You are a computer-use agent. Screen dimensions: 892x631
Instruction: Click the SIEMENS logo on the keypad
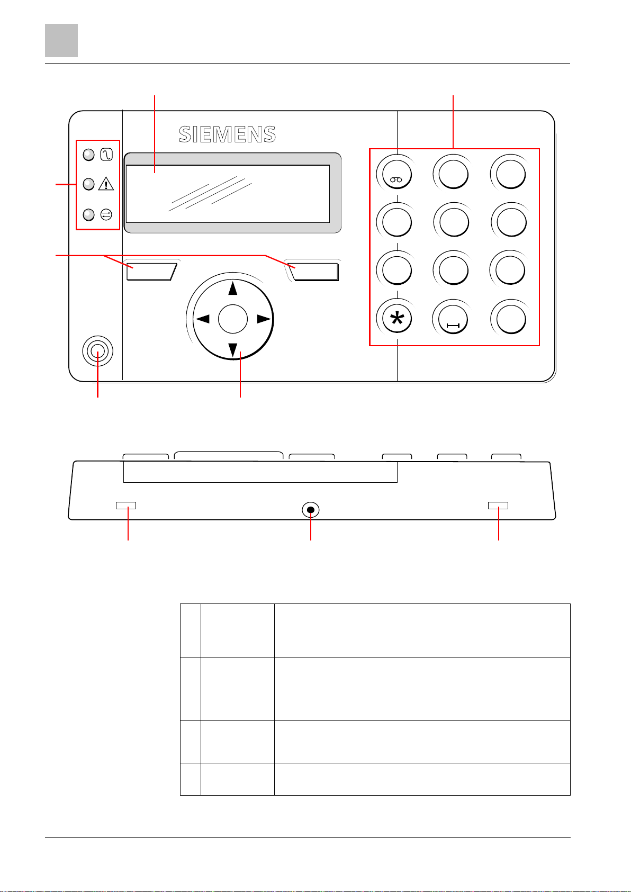tap(227, 134)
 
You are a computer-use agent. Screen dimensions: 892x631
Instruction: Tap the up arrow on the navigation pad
tap(232, 289)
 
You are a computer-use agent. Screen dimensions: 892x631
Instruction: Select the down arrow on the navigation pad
tap(232, 349)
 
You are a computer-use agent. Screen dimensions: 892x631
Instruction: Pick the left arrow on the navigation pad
tap(202, 319)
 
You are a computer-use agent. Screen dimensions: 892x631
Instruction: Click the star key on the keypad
tap(394, 319)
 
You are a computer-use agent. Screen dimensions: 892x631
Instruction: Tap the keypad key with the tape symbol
tap(394, 173)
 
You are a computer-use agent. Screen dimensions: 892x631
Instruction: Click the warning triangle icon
tap(106, 184)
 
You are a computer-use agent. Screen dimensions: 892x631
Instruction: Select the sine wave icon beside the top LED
tap(106, 155)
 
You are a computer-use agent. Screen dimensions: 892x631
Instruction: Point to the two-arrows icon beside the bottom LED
tap(106, 214)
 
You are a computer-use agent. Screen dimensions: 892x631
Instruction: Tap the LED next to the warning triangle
tap(89, 184)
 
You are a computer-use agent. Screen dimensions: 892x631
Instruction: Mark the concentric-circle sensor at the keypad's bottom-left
tap(97, 351)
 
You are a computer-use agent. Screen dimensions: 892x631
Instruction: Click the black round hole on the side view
tap(311, 510)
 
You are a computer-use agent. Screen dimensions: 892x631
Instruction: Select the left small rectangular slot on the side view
tap(126, 506)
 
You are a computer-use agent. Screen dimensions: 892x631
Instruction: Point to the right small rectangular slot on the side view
tap(498, 506)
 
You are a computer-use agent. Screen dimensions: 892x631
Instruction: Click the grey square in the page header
tap(61, 40)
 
